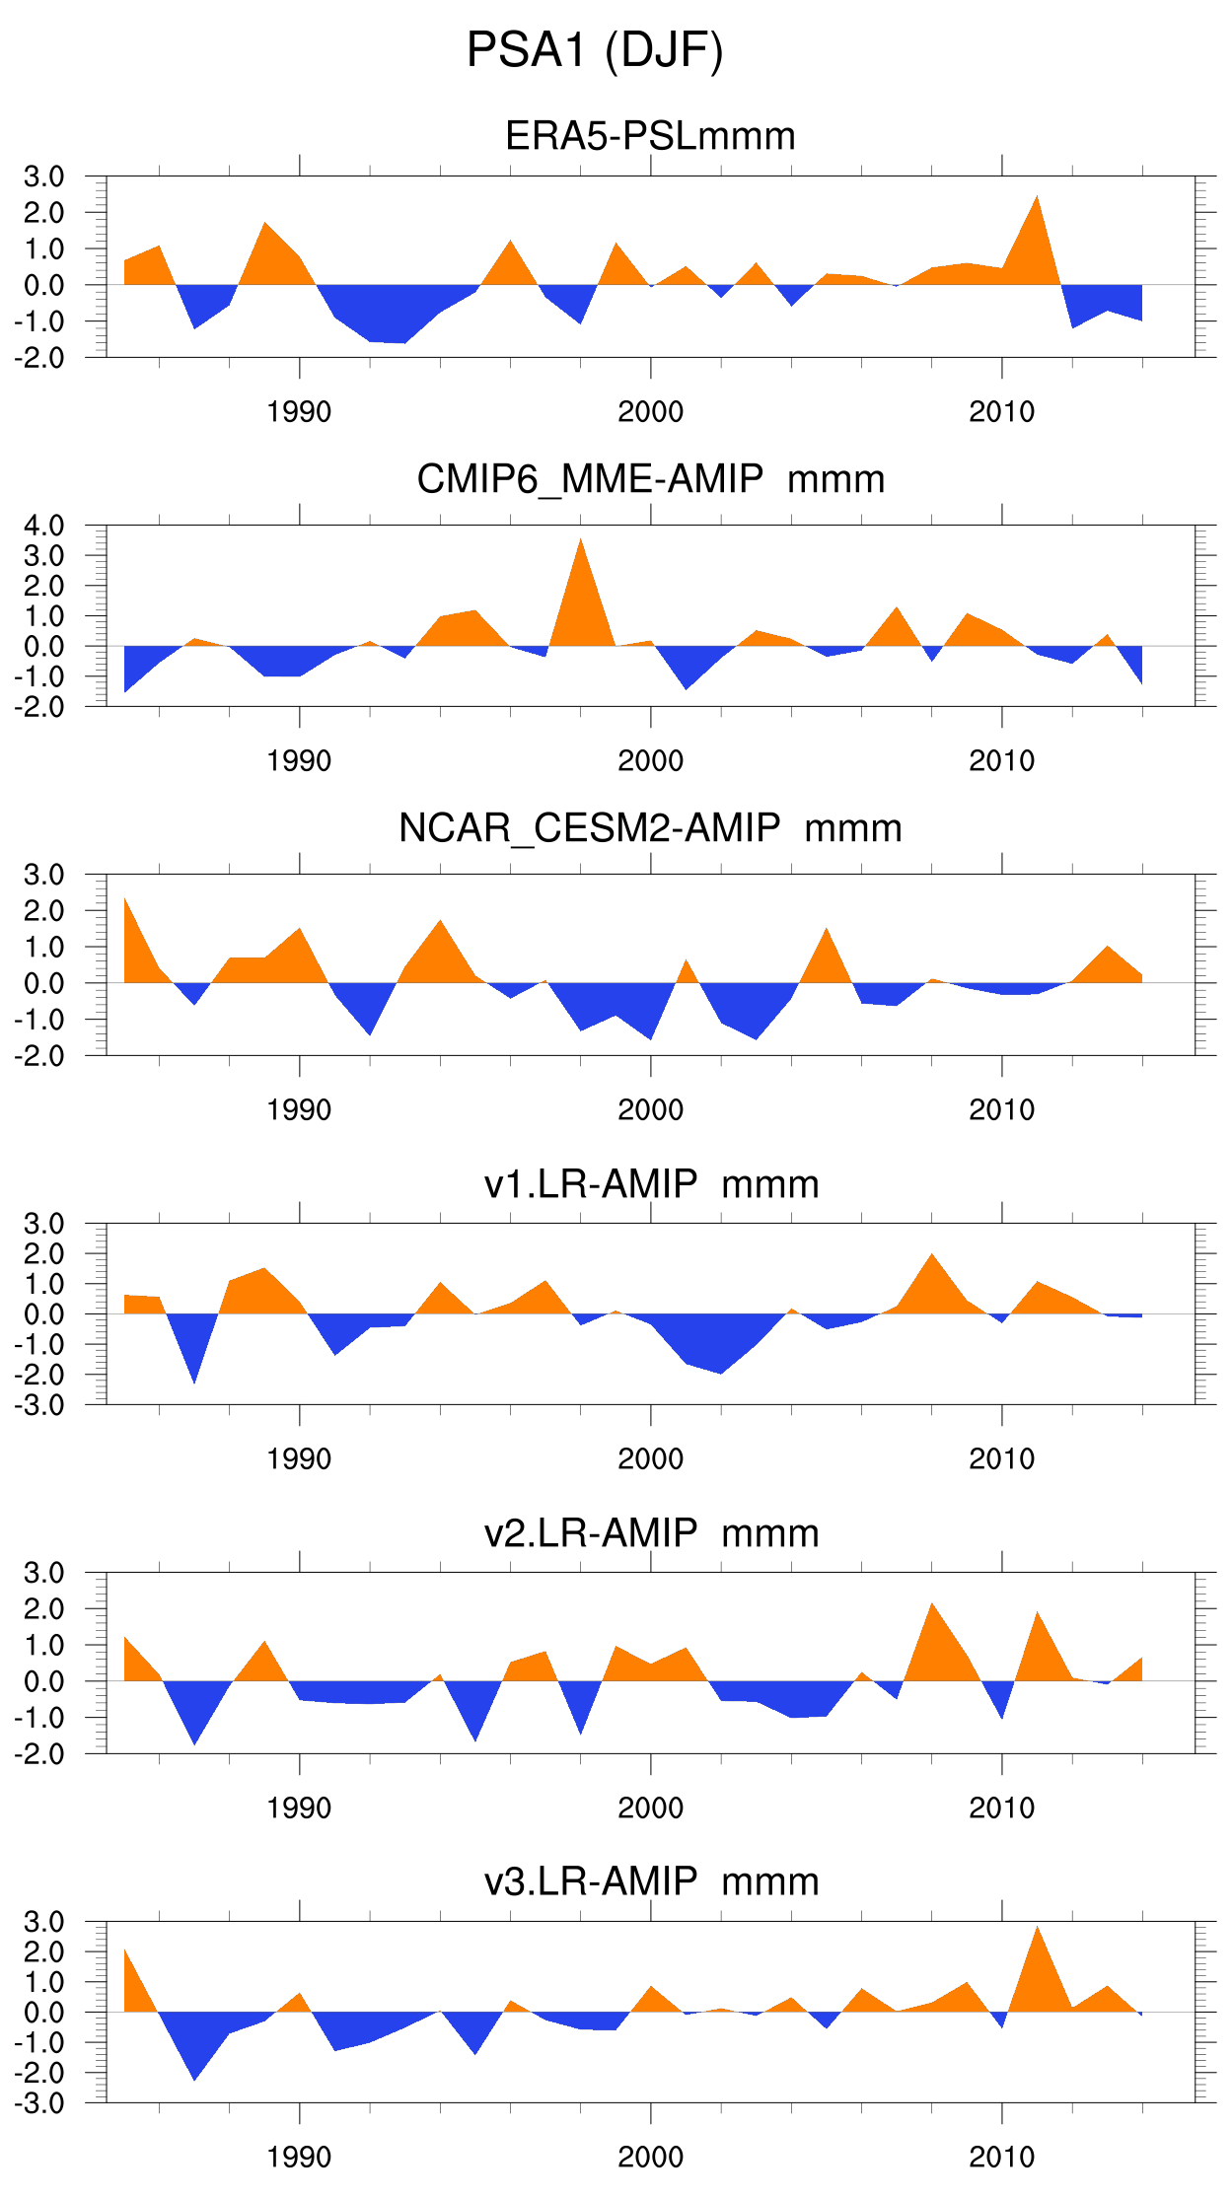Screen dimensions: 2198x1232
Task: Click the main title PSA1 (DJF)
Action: (x=595, y=50)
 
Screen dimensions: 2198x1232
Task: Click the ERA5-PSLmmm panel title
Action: (x=650, y=136)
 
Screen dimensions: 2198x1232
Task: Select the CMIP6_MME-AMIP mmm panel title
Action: (x=650, y=479)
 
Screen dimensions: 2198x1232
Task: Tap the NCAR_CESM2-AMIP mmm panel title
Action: (x=650, y=828)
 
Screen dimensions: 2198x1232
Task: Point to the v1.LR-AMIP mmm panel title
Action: (x=650, y=1183)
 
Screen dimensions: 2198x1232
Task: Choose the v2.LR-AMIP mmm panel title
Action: (x=650, y=1533)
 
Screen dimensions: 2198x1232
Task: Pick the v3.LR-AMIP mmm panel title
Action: (x=650, y=1881)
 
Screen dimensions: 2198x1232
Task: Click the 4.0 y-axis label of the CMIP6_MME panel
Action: (x=44, y=526)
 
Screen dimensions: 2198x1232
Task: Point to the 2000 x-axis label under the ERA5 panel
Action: (x=650, y=412)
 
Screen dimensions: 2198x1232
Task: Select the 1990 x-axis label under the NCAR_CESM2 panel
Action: (x=299, y=1110)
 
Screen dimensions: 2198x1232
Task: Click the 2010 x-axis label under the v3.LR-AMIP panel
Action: (x=1001, y=2158)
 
